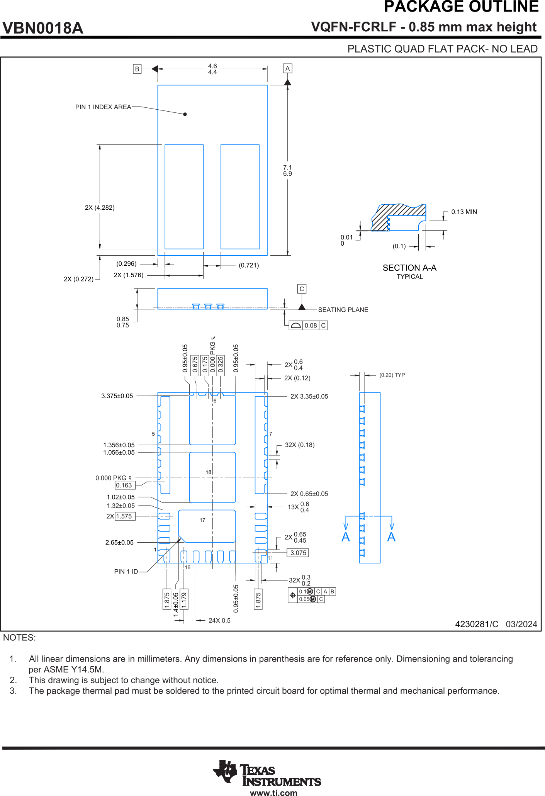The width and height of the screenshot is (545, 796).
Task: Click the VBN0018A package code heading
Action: click(43, 28)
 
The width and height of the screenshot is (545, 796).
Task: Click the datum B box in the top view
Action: click(137, 69)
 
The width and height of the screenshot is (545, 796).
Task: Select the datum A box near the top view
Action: click(287, 68)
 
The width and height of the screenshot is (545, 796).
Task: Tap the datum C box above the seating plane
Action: click(302, 289)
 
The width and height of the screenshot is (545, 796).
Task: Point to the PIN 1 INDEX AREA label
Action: click(103, 107)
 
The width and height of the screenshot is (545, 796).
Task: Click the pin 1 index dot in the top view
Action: click(185, 114)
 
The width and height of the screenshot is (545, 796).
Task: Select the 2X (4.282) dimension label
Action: click(100, 208)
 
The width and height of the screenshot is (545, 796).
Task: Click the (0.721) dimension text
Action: click(249, 265)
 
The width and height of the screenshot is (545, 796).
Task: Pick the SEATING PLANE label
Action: click(343, 310)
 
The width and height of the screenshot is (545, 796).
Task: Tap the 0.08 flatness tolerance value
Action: click(311, 326)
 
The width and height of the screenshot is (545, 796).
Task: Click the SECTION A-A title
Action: click(409, 268)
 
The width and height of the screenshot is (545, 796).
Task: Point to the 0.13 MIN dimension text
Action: click(464, 212)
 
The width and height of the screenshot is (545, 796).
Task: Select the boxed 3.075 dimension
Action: click(298, 553)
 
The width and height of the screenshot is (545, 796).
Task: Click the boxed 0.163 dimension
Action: click(124, 485)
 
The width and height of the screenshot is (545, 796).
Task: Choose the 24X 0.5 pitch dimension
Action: click(219, 620)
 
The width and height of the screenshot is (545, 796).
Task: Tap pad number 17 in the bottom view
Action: click(202, 520)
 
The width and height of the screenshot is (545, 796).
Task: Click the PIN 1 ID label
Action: click(126, 572)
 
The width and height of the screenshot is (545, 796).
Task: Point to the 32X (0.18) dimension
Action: click(300, 445)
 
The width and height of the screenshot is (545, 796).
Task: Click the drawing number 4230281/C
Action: click(477, 624)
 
